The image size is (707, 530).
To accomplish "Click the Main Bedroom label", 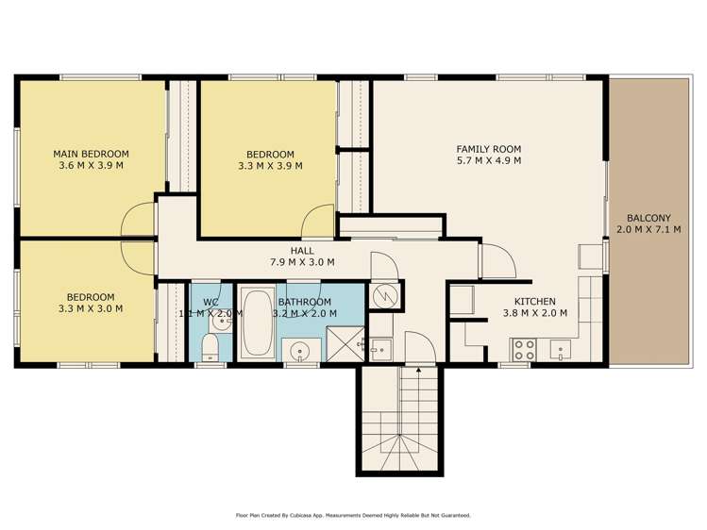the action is tap(91, 154).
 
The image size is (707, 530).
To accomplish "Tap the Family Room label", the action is tap(489, 149).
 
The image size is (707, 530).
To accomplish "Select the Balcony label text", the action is tap(648, 218).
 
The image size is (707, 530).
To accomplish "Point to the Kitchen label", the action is tap(535, 301).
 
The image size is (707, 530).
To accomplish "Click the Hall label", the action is tap(302, 251).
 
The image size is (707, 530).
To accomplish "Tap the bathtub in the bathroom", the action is tap(256, 323).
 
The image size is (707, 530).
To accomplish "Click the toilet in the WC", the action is tap(210, 348).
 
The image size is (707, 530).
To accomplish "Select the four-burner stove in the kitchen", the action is tap(523, 350).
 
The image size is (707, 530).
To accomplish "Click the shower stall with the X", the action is tap(345, 343).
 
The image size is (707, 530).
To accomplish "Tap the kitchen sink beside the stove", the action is tap(560, 350).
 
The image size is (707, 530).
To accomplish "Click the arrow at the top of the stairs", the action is tap(419, 370).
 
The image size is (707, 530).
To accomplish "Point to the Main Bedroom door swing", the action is tap(139, 219).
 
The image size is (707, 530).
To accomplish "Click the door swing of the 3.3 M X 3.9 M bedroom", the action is tap(317, 221).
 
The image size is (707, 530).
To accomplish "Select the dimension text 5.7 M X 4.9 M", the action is tap(489, 160).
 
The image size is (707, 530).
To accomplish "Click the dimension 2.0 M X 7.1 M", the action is tap(648, 230).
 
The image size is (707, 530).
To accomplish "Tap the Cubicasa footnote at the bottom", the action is tap(353, 515).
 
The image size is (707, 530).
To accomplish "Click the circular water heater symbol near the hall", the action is tap(385, 295).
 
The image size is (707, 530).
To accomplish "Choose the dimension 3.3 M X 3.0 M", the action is tap(91, 309).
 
